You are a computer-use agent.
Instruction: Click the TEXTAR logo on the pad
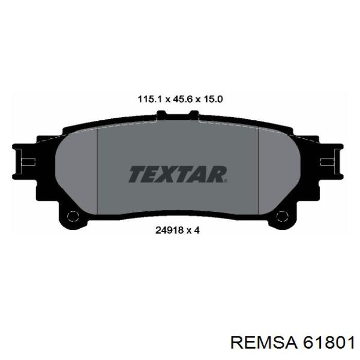[178, 174]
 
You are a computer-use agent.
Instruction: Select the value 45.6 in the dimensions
[181, 100]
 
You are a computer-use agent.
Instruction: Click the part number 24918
[169, 230]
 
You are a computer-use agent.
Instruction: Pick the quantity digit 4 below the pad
[197, 230]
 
